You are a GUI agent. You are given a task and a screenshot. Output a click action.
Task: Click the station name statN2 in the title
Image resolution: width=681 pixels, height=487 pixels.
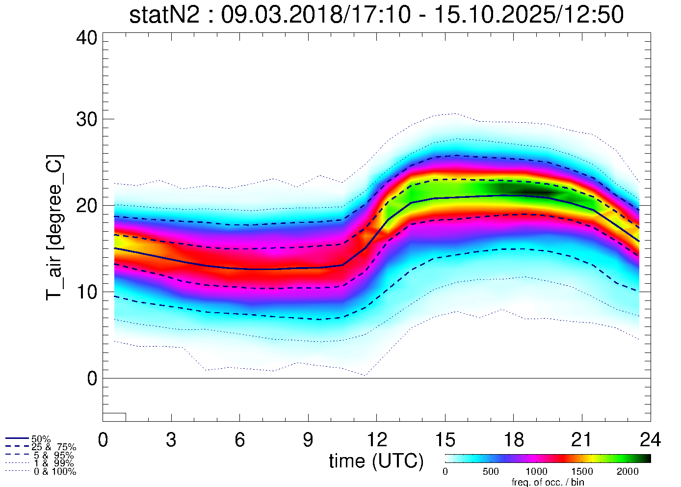click(x=164, y=15)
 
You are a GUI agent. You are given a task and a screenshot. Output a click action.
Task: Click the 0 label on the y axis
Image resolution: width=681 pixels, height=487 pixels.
click(x=92, y=379)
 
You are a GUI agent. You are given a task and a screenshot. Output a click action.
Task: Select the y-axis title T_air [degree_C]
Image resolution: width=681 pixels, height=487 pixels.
click(x=54, y=228)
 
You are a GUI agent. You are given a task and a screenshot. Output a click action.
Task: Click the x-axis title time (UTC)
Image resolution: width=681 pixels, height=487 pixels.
click(x=376, y=461)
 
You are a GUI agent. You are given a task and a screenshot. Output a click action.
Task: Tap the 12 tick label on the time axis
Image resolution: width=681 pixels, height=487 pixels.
click(x=376, y=440)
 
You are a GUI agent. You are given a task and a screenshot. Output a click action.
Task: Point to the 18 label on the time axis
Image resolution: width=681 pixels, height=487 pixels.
click(x=513, y=440)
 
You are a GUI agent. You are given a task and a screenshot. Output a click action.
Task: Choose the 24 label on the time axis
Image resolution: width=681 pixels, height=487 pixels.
click(x=650, y=440)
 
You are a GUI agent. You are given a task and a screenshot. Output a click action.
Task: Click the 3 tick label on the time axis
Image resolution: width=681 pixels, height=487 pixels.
click(x=171, y=440)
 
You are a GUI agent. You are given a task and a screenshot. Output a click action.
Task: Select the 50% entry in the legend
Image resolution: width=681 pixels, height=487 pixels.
click(x=41, y=439)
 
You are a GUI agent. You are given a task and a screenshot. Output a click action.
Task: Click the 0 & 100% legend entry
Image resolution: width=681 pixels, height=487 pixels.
click(x=54, y=472)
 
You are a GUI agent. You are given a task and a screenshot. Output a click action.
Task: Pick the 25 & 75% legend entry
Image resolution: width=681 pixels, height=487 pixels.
click(x=53, y=447)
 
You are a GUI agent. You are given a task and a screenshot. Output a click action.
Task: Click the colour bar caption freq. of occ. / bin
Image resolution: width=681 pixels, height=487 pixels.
click(x=548, y=482)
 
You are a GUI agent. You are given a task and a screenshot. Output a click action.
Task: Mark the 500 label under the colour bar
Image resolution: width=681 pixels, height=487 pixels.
click(x=491, y=472)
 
